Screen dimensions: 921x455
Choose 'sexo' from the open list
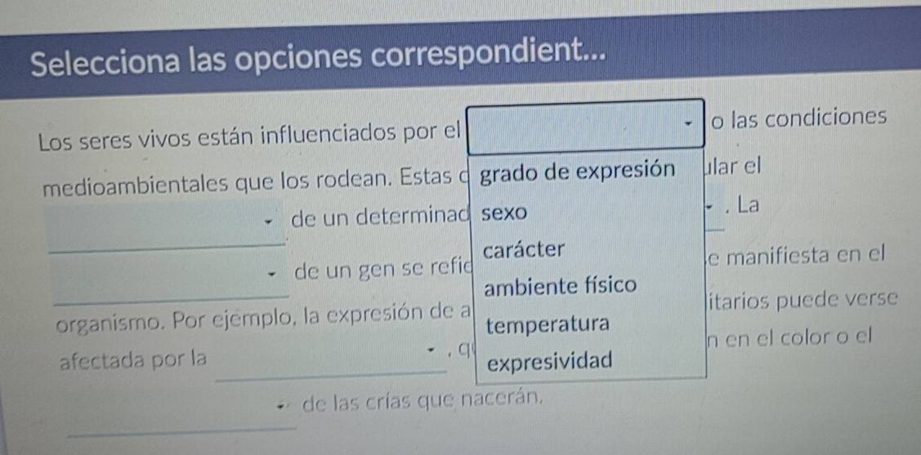point(504,213)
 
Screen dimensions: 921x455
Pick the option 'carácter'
point(525,249)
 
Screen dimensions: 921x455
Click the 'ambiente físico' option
point(561,287)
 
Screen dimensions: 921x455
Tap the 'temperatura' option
point(548,323)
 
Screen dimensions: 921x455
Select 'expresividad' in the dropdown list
point(550,361)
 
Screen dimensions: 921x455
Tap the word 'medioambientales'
point(137,185)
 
